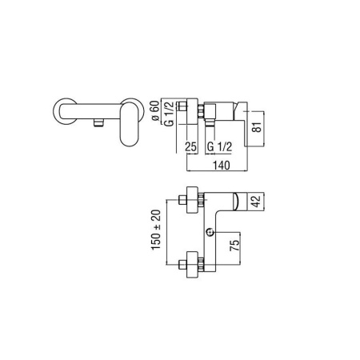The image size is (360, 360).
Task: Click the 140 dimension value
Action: click(x=221, y=166)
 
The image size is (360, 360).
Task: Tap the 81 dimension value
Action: click(x=257, y=127)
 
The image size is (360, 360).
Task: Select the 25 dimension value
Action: click(x=191, y=147)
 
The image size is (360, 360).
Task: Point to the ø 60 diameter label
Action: click(x=155, y=110)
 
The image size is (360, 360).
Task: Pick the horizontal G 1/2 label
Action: click(x=219, y=146)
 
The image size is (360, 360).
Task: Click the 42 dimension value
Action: click(x=256, y=202)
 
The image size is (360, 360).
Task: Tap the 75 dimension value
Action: click(x=234, y=245)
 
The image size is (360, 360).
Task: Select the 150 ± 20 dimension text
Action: click(x=156, y=230)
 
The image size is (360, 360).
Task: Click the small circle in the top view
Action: click(x=210, y=232)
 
